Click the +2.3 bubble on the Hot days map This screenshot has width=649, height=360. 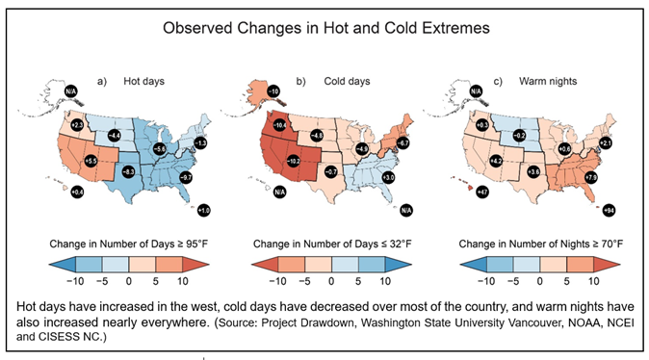pos(79,125)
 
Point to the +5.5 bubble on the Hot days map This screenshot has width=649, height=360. pos(91,161)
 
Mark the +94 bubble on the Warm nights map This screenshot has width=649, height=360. pos(608,209)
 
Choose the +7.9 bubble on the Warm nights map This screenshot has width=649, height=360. pos(591,178)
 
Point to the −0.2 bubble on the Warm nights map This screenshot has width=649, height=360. pos(518,136)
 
